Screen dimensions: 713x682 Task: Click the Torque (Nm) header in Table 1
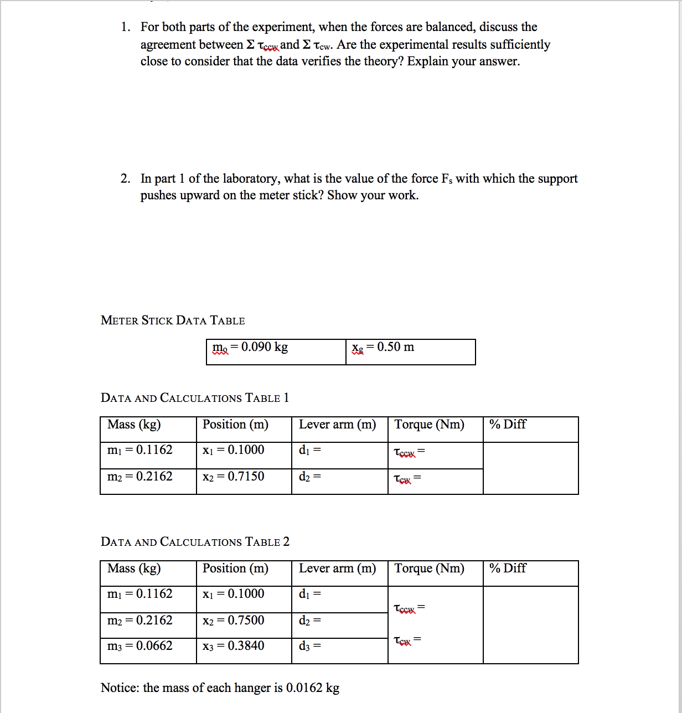pos(429,425)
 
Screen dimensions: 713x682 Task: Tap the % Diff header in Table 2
pos(508,569)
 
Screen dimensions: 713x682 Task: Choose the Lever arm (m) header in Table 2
pos(337,569)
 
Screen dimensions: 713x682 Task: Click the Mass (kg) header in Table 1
pos(134,425)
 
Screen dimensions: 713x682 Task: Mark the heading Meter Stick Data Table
pos(173,321)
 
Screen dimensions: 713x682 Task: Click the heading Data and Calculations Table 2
pos(195,542)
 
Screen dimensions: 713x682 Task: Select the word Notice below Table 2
pos(118,688)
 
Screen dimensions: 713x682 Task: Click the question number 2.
pos(126,179)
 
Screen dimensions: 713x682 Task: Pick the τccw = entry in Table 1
pos(409,452)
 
